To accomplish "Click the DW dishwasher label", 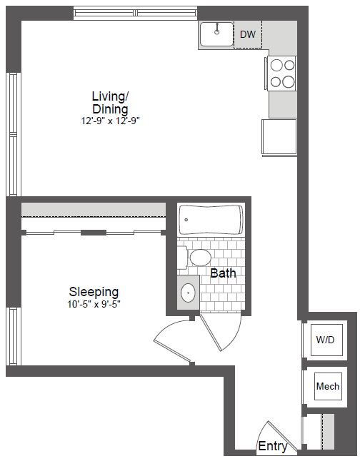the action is click(248, 34).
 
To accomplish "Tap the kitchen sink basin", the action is click(216, 34).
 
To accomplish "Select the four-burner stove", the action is click(281, 74).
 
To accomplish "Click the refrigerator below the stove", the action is click(279, 137).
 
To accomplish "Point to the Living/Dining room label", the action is click(110, 102).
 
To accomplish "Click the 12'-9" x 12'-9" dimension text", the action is click(110, 121).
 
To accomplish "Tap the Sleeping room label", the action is click(94, 292).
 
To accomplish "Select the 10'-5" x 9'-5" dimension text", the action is click(94, 304).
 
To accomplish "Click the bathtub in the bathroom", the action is click(211, 220).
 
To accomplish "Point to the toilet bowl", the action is click(201, 258).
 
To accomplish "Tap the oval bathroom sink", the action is click(188, 293).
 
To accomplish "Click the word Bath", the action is click(223, 273).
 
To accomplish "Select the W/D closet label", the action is click(325, 340).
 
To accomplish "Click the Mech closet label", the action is click(328, 386).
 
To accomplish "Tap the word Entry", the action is click(273, 446).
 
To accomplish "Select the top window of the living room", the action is click(135, 13).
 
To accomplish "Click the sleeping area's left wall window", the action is click(14, 336).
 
